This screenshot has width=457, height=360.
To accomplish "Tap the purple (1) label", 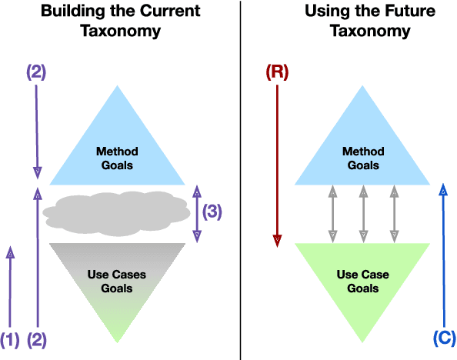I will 10,338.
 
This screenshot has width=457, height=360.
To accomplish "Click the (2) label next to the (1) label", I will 37,338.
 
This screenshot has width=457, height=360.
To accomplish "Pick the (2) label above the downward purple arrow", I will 36,72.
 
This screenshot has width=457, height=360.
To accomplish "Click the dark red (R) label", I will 277,72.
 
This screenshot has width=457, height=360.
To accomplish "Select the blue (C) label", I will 444,338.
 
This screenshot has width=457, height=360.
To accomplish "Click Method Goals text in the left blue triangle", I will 117,157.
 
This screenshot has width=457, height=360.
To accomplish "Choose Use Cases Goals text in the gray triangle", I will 117,281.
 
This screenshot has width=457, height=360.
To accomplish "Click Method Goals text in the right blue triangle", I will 362,157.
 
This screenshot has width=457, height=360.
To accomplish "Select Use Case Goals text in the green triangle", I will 362,281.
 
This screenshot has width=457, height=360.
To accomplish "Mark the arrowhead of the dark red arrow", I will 277,240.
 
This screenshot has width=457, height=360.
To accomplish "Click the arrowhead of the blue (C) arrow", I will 444,189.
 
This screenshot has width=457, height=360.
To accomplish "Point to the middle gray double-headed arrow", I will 362,213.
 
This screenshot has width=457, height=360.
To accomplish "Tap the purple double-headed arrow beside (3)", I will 196,213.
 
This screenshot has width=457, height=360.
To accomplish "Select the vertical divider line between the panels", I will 242,180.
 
